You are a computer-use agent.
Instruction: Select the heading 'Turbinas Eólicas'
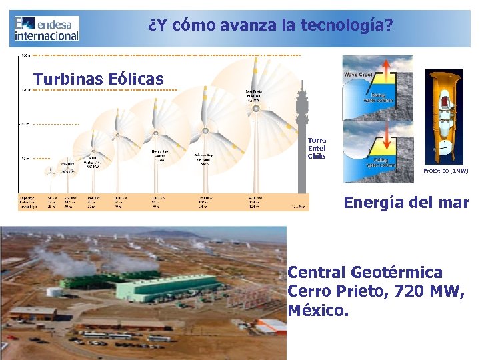[99, 79]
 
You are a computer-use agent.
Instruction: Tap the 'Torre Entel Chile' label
[317, 148]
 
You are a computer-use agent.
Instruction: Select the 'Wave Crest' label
[358, 75]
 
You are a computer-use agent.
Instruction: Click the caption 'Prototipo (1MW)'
[445, 171]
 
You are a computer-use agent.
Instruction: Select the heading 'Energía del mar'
[406, 203]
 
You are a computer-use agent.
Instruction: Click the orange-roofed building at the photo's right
[272, 326]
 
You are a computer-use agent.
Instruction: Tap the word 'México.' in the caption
[318, 310]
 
